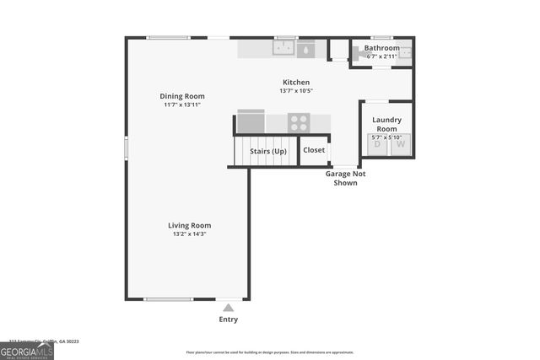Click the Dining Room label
coord(182,96)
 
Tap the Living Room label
coord(189,225)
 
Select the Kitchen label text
coord(295,82)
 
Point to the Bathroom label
coord(381,48)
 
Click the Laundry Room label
coord(386,124)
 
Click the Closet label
coord(314,150)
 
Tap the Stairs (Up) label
coord(267,151)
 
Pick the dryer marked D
coord(376,144)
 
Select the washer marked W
coord(400,144)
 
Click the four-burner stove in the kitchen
coord(299,123)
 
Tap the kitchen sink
coord(283,49)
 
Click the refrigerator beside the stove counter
coord(251,123)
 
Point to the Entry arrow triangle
coord(228,308)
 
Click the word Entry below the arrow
coord(228,320)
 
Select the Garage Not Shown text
coord(345,178)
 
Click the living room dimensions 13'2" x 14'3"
coord(189,234)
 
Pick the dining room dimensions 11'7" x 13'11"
coord(182,105)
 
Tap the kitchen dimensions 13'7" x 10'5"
coord(295,90)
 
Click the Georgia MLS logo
coord(27,350)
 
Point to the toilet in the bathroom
coord(361,52)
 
